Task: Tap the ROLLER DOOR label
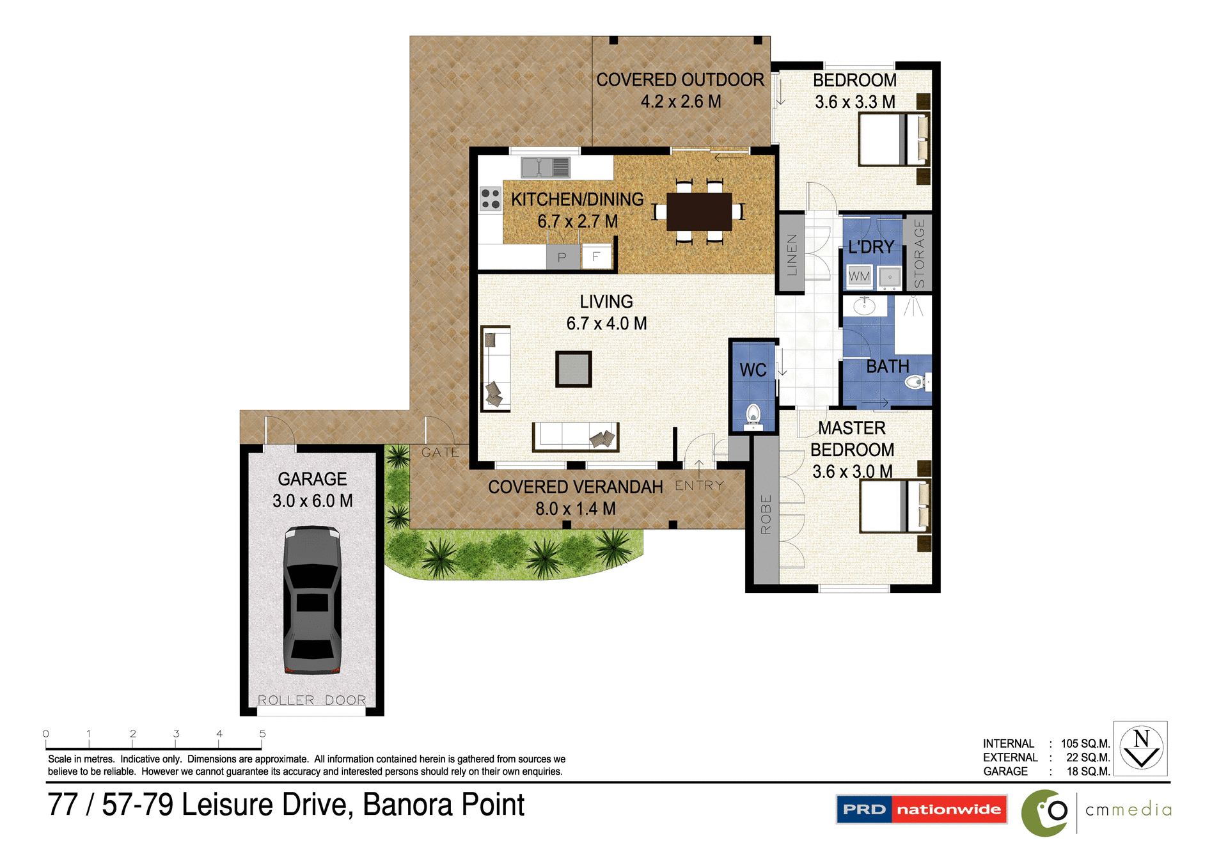pos(312,700)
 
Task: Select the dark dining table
pos(699,212)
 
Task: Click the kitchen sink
pos(545,168)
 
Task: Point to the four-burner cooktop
pos(491,198)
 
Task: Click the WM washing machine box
pos(859,276)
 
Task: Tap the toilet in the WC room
pos(753,416)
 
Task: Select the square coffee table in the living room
pos(573,369)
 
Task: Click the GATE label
pos(440,452)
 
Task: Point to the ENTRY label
pos(699,485)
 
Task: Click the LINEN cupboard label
pos(792,254)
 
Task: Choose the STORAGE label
pos(919,253)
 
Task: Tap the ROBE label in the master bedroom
pos(766,514)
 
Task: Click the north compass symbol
pos(1141,748)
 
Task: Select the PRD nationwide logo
pos(921,809)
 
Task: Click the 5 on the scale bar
pos(262,734)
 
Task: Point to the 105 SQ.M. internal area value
pos(1085,743)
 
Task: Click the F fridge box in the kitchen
pos(596,256)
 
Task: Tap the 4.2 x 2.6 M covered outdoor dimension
pos(681,102)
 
